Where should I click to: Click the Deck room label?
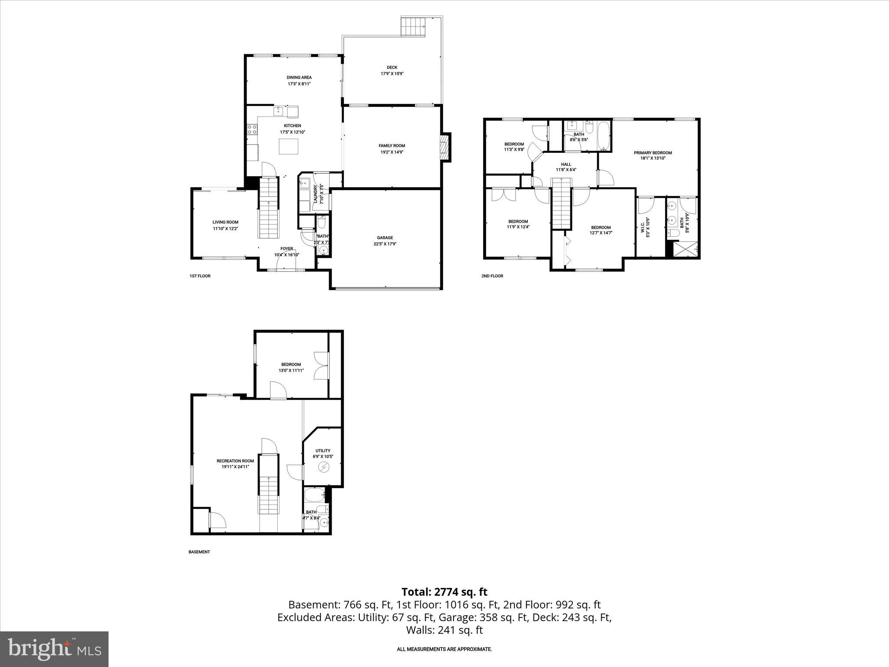tap(392, 67)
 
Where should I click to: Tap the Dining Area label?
tap(299, 77)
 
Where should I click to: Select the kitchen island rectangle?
tap(289, 146)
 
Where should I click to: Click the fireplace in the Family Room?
tap(443, 148)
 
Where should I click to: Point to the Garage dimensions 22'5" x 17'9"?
tap(385, 244)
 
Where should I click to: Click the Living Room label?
tap(225, 222)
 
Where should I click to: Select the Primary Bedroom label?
tap(652, 152)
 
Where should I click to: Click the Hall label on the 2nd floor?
tap(566, 164)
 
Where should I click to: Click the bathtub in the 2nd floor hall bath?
tap(604, 135)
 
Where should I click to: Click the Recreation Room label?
tap(235, 461)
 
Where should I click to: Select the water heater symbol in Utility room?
tap(323, 467)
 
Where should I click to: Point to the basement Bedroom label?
tap(291, 364)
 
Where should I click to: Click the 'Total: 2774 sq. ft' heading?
tap(444, 592)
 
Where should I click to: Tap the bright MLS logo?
tap(54, 649)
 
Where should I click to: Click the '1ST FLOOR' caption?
tap(200, 276)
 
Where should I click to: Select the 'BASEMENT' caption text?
tap(199, 552)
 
